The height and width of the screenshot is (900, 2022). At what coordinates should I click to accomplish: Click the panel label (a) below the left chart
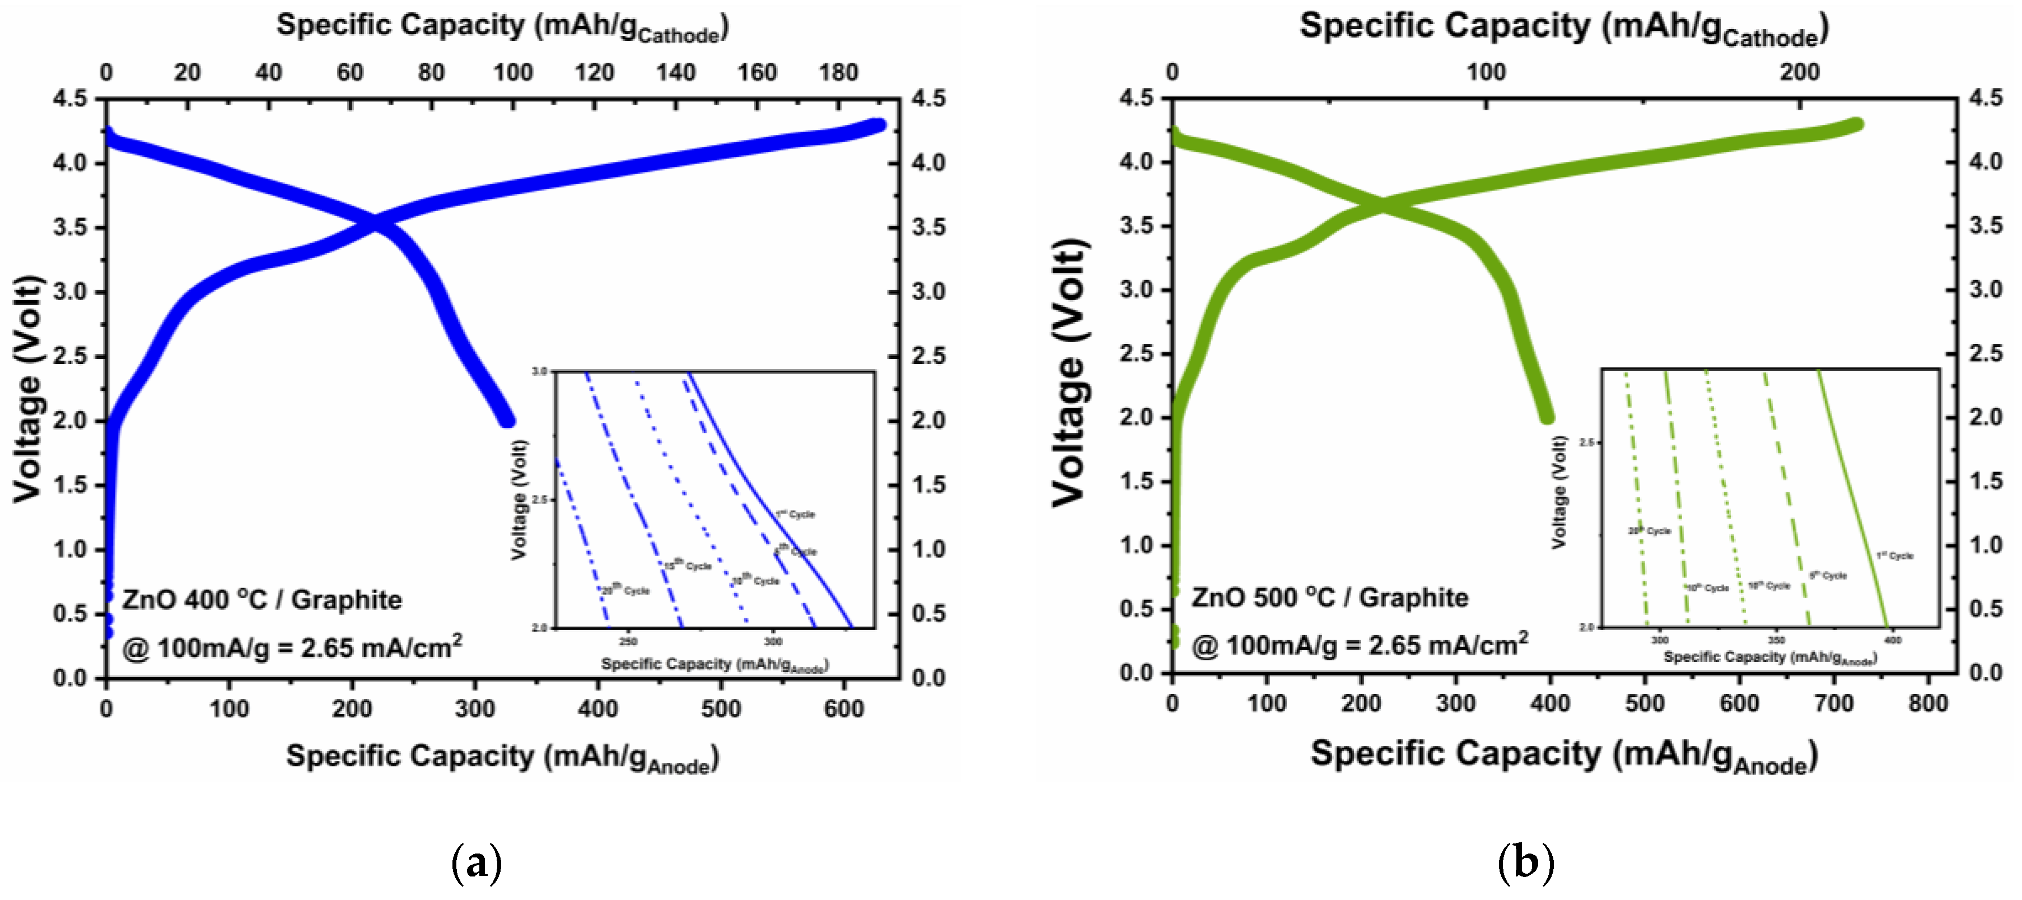(477, 863)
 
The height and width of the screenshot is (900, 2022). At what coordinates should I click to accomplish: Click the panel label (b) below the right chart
(1525, 863)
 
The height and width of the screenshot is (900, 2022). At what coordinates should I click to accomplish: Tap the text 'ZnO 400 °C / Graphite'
(261, 600)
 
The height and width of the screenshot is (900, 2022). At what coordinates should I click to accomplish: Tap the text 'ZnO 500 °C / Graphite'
(1330, 598)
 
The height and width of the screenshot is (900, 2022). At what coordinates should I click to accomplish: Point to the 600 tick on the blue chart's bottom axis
(844, 708)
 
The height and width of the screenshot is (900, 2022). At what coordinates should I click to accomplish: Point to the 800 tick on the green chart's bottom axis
(1928, 703)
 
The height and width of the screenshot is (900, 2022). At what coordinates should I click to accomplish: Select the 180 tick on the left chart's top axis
(838, 72)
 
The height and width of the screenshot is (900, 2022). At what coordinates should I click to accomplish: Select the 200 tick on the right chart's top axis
(1799, 72)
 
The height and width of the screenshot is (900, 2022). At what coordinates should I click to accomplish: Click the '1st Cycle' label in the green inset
(1894, 555)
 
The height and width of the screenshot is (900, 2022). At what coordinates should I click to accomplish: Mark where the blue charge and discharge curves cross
(376, 223)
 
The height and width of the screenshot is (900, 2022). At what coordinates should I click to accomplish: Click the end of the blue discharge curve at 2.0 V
(508, 421)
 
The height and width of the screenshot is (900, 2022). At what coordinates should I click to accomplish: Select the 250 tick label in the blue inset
(628, 642)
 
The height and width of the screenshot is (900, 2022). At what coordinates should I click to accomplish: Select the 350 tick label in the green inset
(1776, 640)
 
